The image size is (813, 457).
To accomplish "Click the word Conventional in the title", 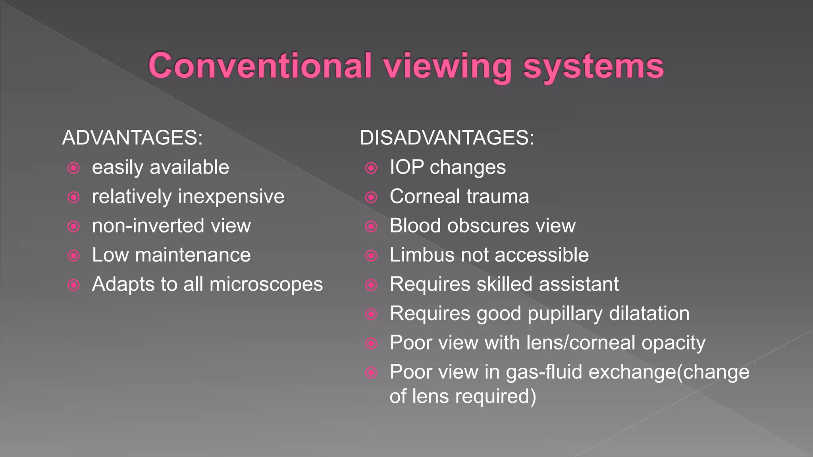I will tap(260, 66).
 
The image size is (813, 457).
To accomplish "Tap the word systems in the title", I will tap(593, 66).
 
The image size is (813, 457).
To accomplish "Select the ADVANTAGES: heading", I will tap(133, 138).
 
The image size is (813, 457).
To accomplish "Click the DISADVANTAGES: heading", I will tap(447, 138).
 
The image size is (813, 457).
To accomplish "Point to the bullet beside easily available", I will tap(74, 168).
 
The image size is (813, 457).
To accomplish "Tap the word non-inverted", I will tap(148, 226).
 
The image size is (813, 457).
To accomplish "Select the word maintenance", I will tap(193, 255).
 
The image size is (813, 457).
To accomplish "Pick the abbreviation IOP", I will tap(406, 167).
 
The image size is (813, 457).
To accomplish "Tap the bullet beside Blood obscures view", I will tap(371, 227).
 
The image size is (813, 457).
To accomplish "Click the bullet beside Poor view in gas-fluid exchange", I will tap(371, 373).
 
